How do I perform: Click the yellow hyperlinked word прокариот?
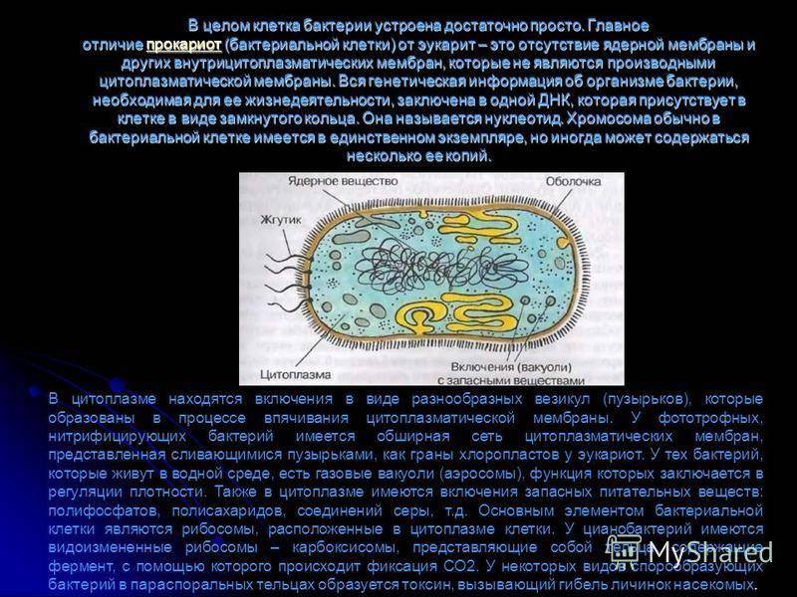tap(183, 46)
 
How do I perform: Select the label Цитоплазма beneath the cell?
tap(286, 375)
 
